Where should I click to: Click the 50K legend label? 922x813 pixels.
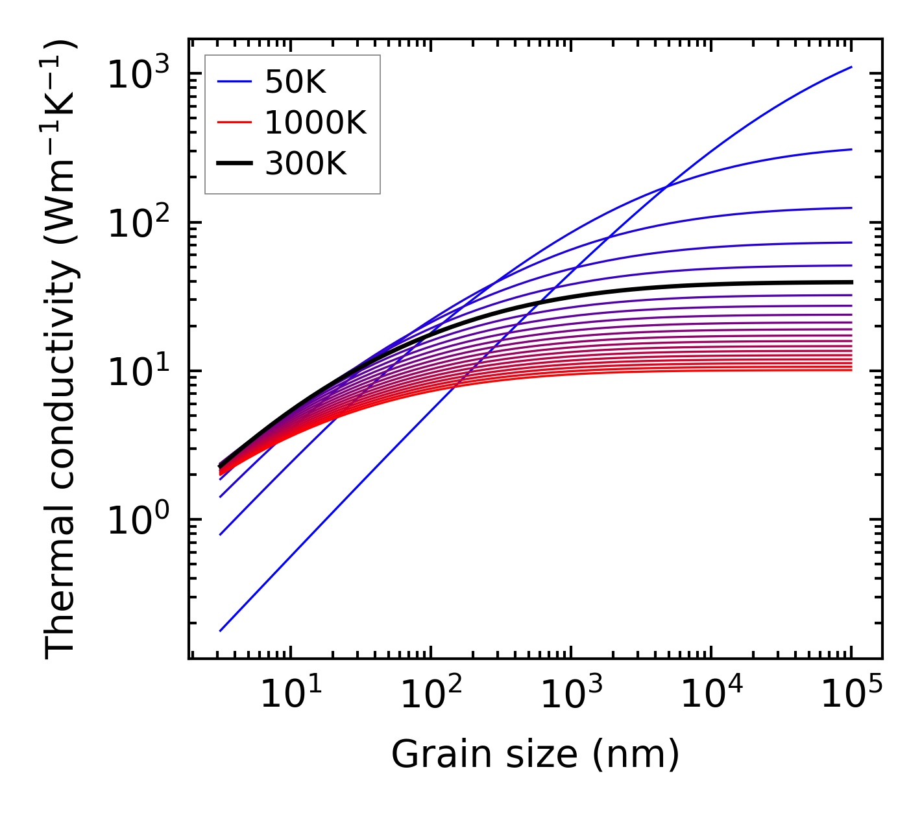pyautogui.click(x=295, y=82)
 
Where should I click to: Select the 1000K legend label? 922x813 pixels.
pyautogui.click(x=315, y=123)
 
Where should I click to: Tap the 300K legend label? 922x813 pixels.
pyautogui.click(x=306, y=164)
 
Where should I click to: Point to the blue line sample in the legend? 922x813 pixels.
pyautogui.click(x=234, y=82)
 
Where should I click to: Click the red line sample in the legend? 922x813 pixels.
pyautogui.click(x=234, y=123)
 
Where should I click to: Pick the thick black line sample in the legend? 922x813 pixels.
pyautogui.click(x=234, y=164)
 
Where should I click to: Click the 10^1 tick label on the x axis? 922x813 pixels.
pyautogui.click(x=290, y=696)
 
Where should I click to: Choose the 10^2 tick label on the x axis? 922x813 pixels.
pyautogui.click(x=431, y=696)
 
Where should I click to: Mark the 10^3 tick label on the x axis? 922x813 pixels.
pyautogui.click(x=571, y=696)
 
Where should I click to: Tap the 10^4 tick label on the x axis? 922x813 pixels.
pyautogui.click(x=711, y=696)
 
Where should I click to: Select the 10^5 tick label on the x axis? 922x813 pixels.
pyautogui.click(x=851, y=696)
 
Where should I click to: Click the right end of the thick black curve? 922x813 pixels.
pyautogui.click(x=851, y=282)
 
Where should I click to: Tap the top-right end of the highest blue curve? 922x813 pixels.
pyautogui.click(x=851, y=67)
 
